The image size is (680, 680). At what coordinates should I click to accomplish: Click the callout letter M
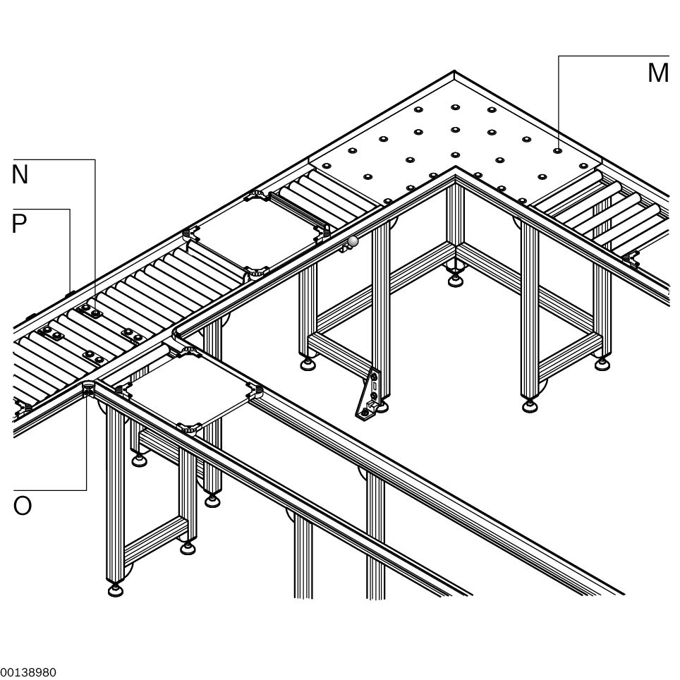658,73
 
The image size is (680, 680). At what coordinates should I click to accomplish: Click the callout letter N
20,174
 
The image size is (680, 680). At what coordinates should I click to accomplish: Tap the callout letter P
20,224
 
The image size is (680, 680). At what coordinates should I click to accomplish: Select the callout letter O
23,505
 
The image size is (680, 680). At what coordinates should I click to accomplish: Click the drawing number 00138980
28,672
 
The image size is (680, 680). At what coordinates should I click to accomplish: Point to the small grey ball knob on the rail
353,241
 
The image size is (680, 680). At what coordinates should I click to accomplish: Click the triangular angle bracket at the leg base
368,394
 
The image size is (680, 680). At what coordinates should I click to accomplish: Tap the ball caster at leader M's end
557,151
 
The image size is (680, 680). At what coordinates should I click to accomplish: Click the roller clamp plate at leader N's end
90,311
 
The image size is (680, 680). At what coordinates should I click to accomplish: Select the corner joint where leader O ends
88,388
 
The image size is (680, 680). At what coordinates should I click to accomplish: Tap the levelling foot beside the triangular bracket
381,406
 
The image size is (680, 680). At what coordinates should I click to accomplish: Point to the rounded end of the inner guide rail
176,333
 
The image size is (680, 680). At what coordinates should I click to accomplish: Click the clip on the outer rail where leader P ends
69,295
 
